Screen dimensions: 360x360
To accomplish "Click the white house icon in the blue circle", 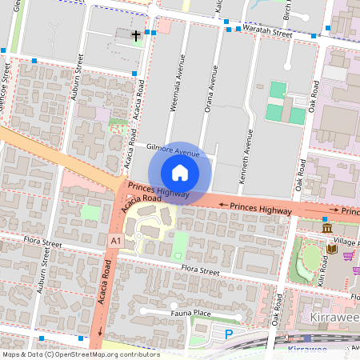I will [180, 172].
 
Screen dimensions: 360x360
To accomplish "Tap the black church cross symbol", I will [137, 35].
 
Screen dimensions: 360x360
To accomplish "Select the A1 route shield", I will [116, 241].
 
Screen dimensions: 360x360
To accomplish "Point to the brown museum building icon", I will [326, 230].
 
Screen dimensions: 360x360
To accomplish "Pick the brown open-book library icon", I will [331, 249].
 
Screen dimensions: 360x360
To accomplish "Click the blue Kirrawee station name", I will [308, 351].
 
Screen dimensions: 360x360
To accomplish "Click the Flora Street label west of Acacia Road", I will [42, 243].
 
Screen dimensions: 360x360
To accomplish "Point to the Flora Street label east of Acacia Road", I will [200, 270].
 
